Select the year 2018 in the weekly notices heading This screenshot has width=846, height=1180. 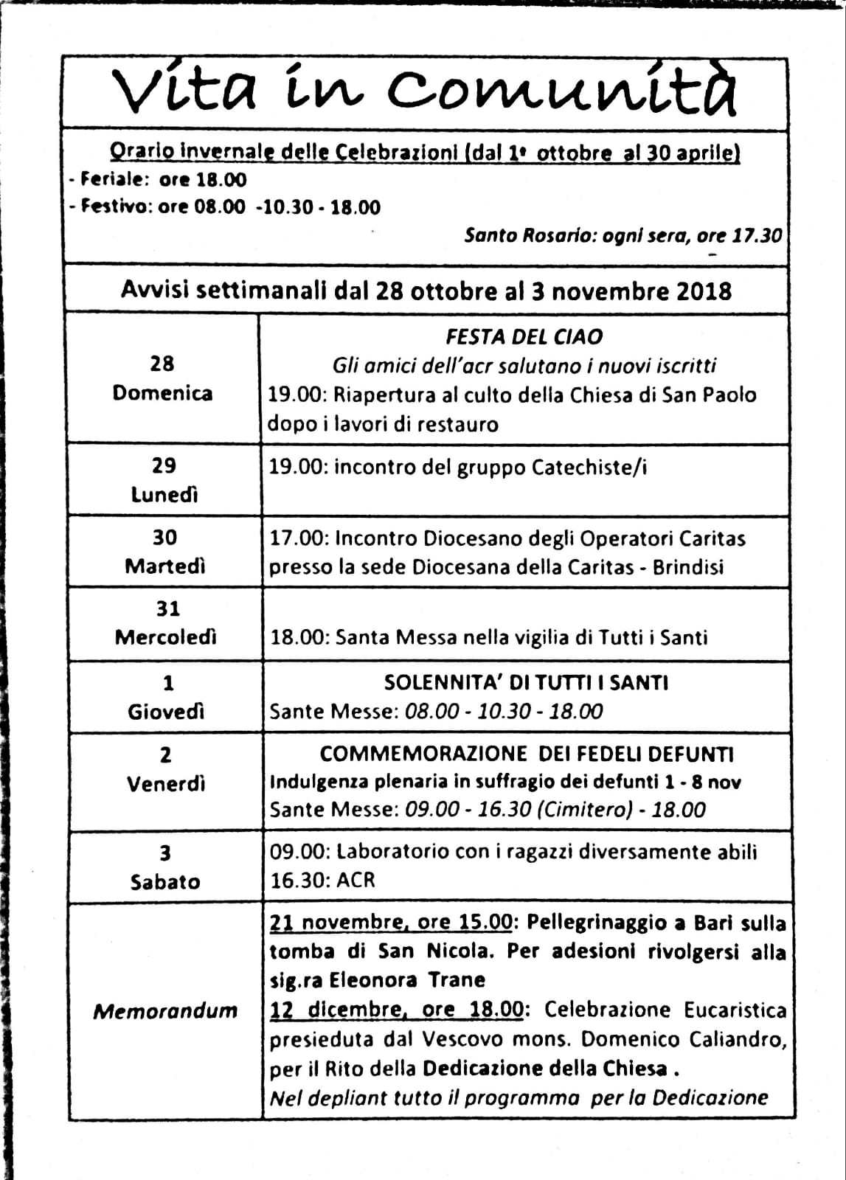pos(703,291)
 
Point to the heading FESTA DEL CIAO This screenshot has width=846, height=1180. pos(524,337)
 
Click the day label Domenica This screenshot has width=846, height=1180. pos(162,393)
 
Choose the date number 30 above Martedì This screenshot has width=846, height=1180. pos(164,538)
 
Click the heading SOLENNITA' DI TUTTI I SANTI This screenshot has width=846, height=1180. pos(526,683)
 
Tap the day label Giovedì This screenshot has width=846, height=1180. pos(166,712)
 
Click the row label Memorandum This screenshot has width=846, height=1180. pos(165,1010)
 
